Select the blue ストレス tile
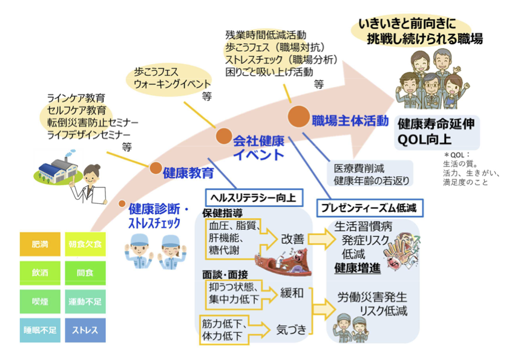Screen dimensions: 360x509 coord(85,330)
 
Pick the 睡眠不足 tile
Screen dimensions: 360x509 coord(40,330)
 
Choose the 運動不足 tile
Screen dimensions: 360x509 coord(85,301)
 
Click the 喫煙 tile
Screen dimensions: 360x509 coord(40,301)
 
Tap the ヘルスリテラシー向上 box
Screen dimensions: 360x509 coord(252,197)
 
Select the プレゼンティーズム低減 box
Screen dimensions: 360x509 coord(370,208)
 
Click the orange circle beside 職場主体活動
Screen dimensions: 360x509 coord(298,116)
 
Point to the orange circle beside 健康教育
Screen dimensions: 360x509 coord(156,168)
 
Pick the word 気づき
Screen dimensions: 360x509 coord(291,330)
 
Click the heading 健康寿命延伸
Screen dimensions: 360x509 coord(436,123)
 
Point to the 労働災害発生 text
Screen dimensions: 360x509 coord(372,298)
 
